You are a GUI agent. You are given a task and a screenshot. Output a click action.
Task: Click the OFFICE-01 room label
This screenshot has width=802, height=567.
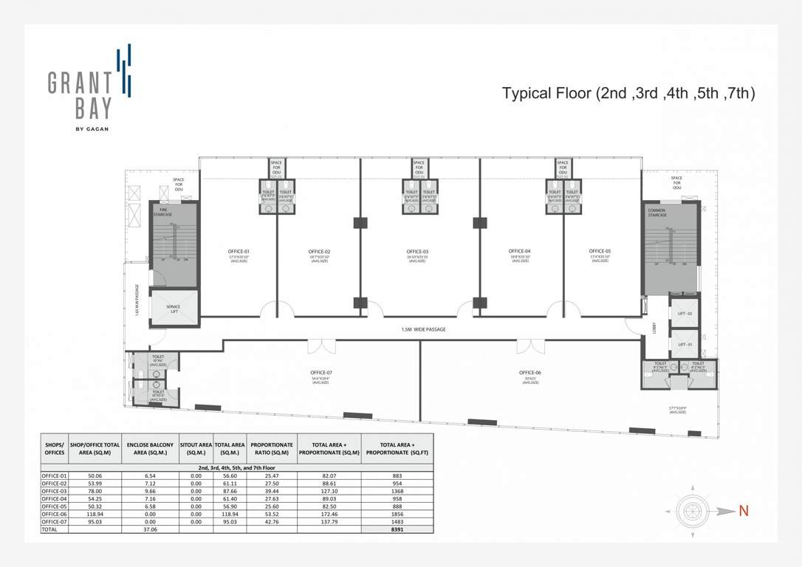pyautogui.click(x=238, y=252)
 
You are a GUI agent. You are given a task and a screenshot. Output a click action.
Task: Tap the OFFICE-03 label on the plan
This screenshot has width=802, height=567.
pyautogui.click(x=417, y=252)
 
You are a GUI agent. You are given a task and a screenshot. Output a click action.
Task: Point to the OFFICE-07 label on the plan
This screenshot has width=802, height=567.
pyautogui.click(x=319, y=373)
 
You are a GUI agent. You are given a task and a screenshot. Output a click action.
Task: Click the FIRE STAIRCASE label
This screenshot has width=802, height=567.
pyautogui.click(x=163, y=211)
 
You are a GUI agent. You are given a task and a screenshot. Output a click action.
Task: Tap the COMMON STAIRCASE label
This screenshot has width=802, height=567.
pyautogui.click(x=657, y=213)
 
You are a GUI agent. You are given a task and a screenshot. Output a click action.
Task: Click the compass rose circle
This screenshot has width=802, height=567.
pyautogui.click(x=693, y=510)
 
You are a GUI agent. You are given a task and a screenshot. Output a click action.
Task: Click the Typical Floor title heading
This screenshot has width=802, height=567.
pyautogui.click(x=628, y=94)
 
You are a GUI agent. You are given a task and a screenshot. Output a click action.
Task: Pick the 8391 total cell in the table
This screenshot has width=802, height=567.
pyautogui.click(x=397, y=529)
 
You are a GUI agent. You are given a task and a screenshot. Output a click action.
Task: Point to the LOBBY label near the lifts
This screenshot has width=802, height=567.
pyautogui.click(x=653, y=329)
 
